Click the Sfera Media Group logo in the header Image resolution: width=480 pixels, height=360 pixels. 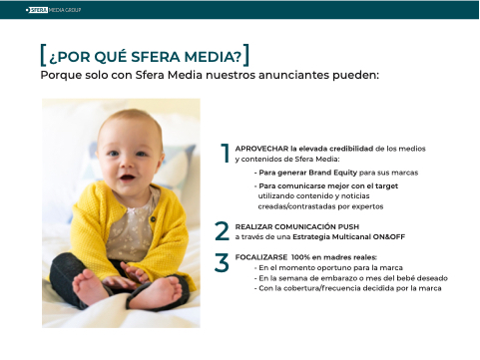coord(53,10)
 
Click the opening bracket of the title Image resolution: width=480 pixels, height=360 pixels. coord(43,55)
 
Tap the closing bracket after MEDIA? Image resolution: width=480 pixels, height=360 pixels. coord(246,55)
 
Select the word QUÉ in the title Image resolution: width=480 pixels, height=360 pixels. coord(110,57)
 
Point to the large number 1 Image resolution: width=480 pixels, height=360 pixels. coord(226,153)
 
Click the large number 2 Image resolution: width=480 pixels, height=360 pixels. coord(222,231)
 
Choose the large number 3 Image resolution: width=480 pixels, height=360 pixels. coord(222,262)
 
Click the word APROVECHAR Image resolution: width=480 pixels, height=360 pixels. coord(261,149)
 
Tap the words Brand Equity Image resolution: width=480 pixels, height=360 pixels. coord(333,173)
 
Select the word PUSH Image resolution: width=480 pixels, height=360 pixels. coord(348,226)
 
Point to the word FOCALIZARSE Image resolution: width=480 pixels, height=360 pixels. coord(261,257)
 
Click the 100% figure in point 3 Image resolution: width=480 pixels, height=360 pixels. coord(300,257)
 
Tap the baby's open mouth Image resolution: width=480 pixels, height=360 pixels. coord(128,177)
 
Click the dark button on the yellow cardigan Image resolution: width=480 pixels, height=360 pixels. coord(153,218)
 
